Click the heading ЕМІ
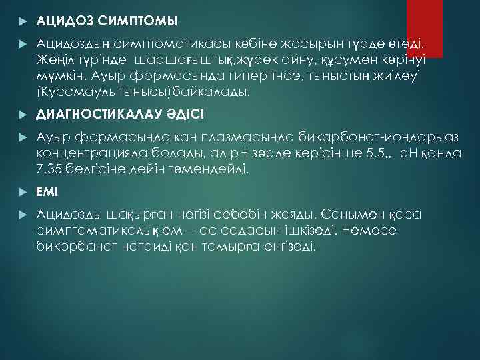48,191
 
